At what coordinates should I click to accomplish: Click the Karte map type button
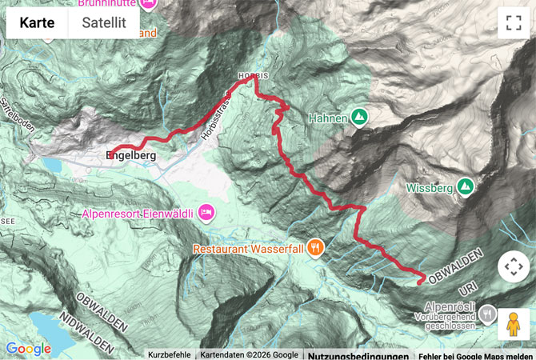point(38,23)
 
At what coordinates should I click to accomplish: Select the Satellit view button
point(104,23)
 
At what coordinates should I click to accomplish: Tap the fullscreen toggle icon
point(513,23)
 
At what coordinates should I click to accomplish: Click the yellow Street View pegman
point(513,325)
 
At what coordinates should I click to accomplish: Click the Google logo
point(28,349)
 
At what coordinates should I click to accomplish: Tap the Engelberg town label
point(130,157)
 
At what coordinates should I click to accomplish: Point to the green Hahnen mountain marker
point(359,118)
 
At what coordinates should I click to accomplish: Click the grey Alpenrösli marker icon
point(487,313)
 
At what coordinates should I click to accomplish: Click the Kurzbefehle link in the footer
point(169,354)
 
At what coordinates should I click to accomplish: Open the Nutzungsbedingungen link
point(358,355)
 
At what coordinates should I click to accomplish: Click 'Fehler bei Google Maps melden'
point(475,355)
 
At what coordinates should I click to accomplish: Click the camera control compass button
point(513,266)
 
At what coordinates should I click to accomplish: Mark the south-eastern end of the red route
point(421,280)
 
